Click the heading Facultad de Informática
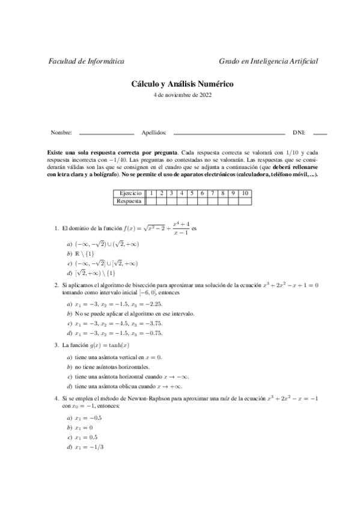(x=86, y=61)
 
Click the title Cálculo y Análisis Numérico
(x=182, y=85)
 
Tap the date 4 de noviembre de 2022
(x=182, y=94)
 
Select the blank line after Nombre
(x=106, y=133)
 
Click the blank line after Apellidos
(x=228, y=133)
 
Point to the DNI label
(x=299, y=132)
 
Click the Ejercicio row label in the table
(x=130, y=193)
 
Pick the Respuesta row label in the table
(x=130, y=201)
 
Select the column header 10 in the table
(x=245, y=193)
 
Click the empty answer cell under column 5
(x=192, y=201)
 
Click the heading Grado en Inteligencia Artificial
(x=268, y=61)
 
